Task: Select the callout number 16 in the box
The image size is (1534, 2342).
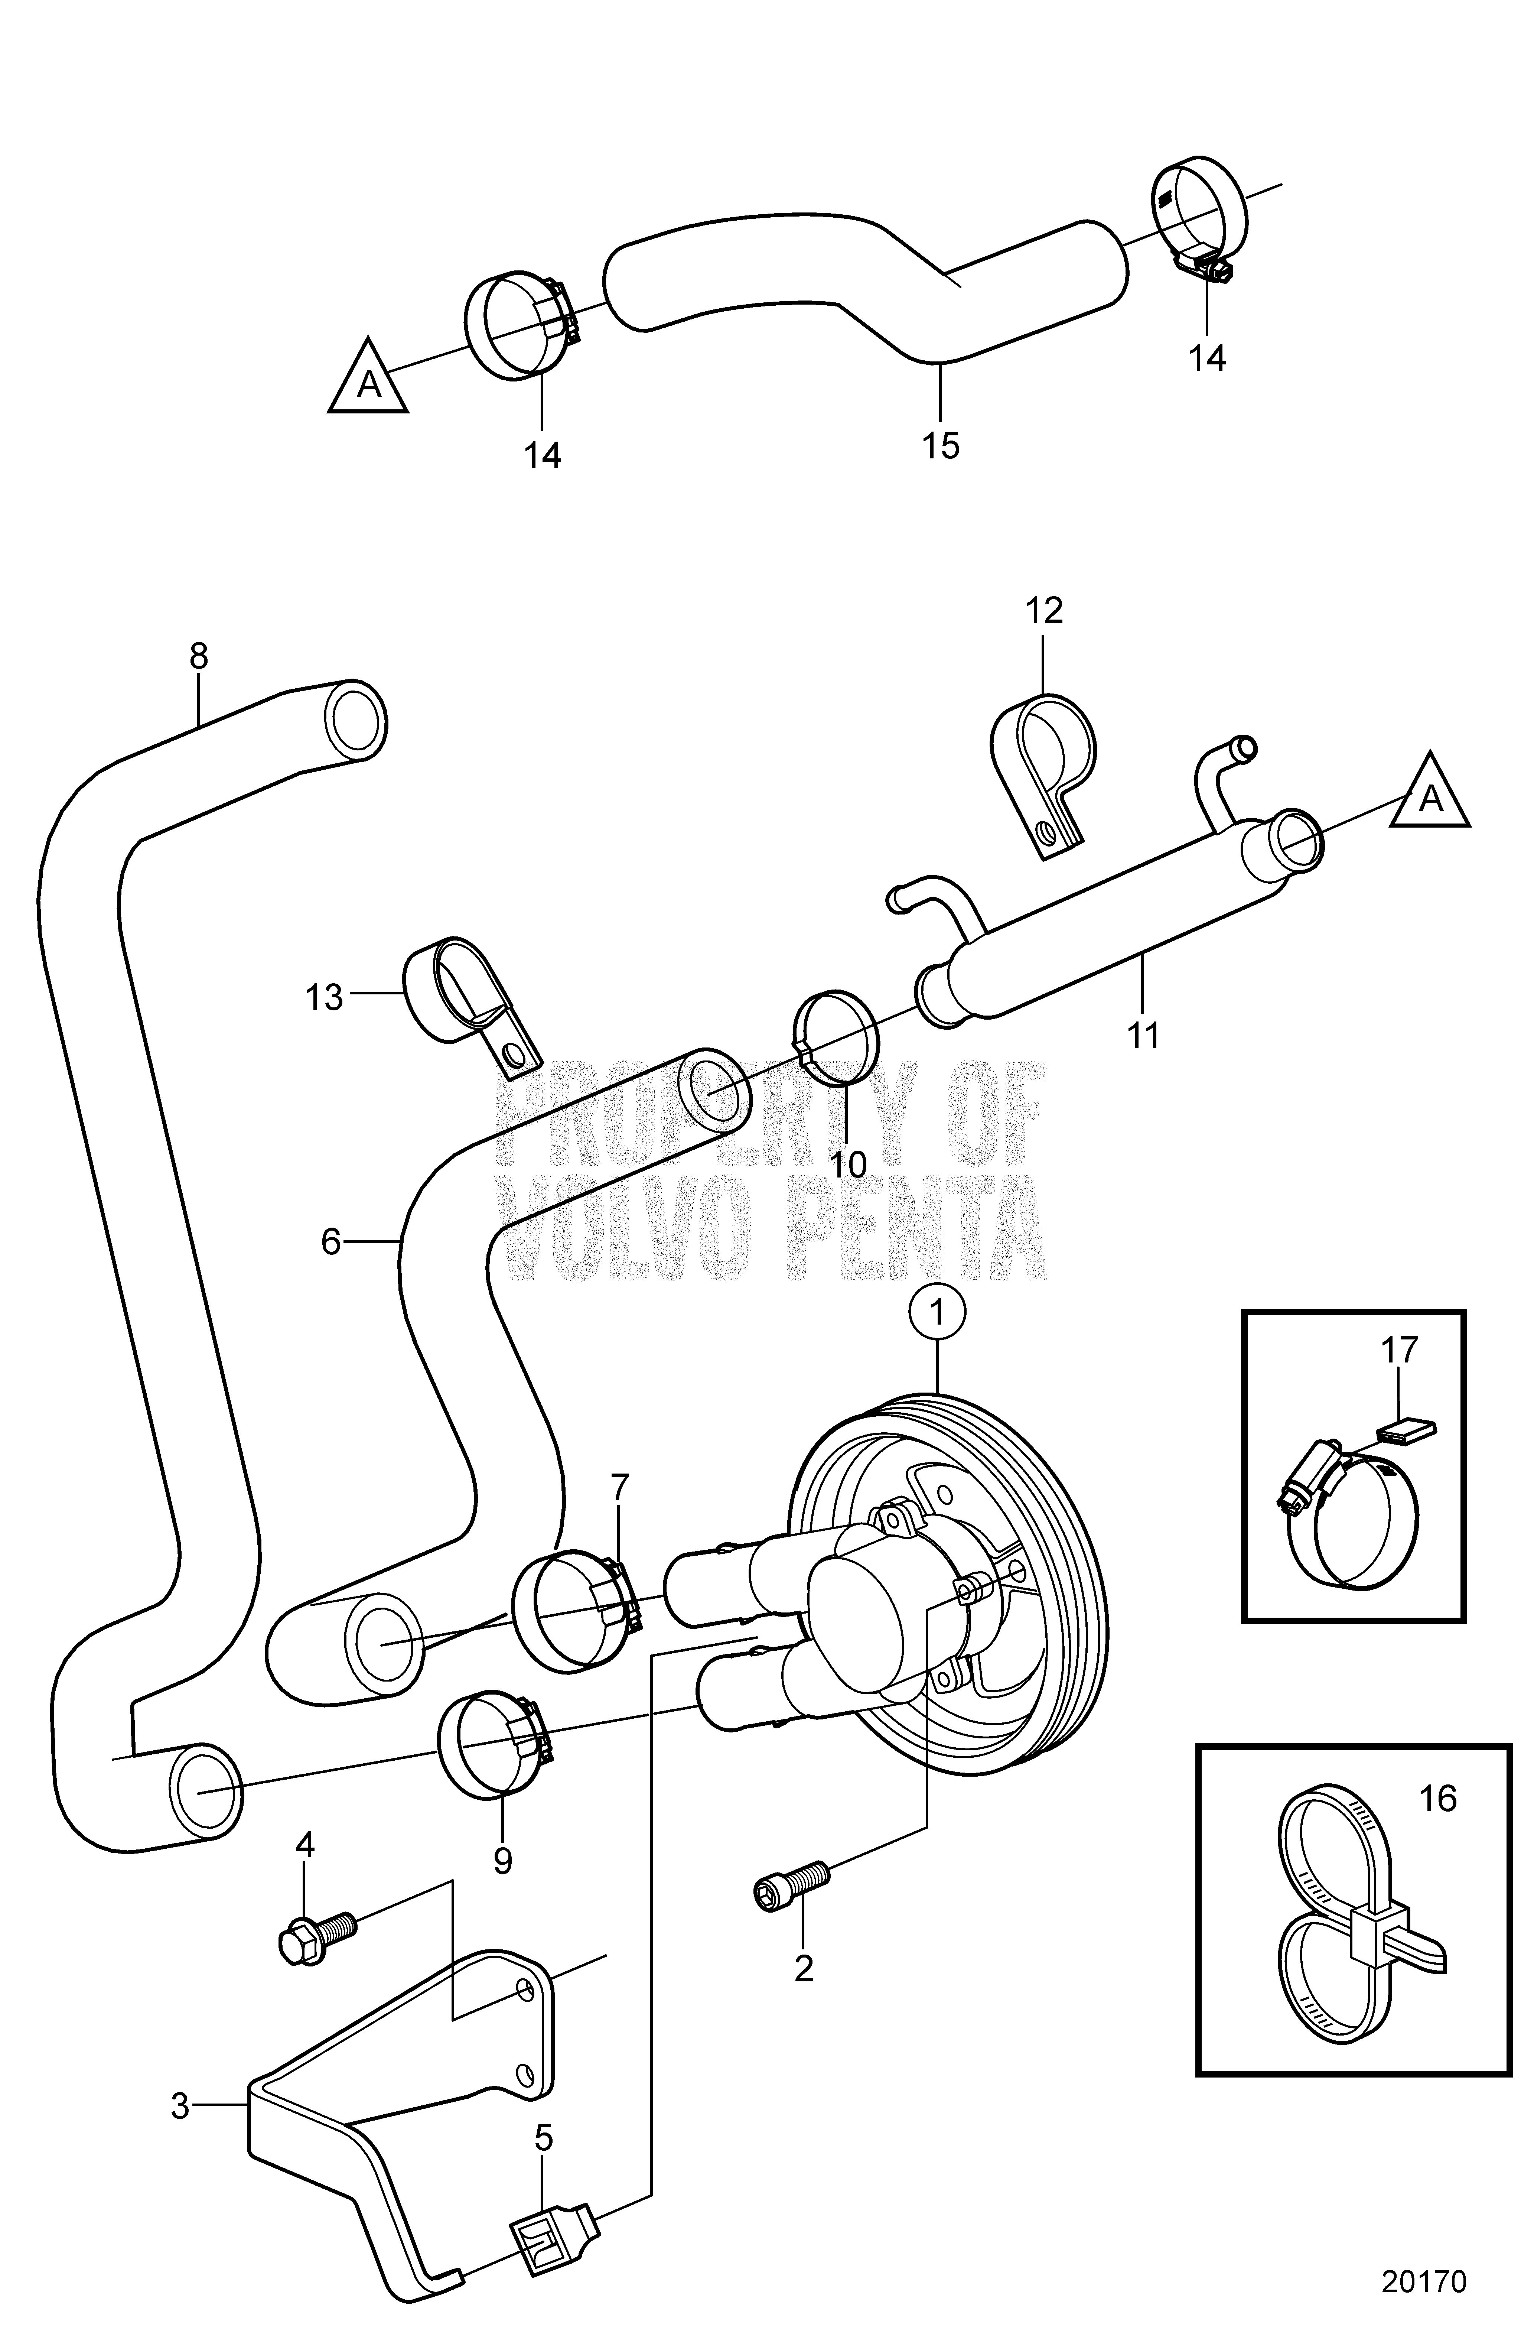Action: (x=1439, y=1800)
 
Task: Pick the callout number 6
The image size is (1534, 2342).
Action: (x=330, y=1243)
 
